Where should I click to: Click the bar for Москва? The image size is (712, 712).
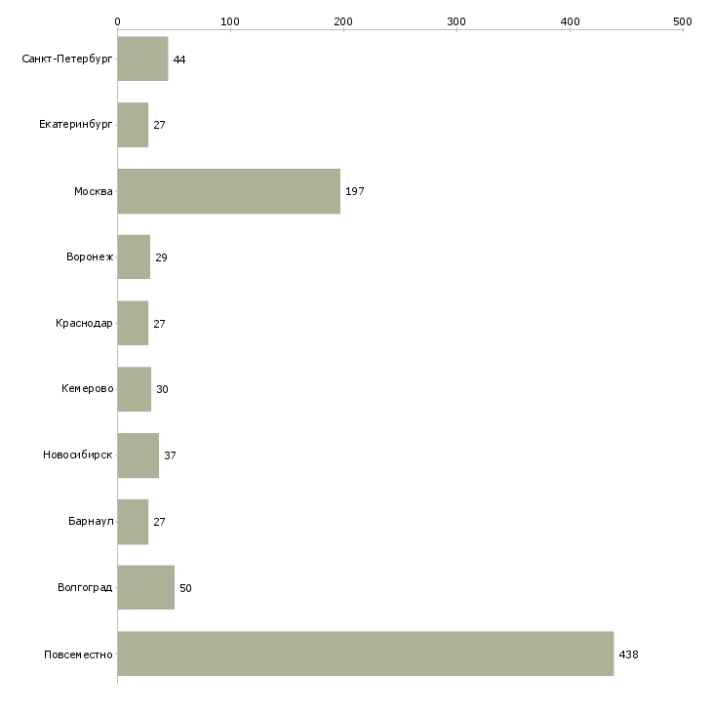click(x=229, y=191)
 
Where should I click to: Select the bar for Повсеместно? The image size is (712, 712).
click(x=366, y=653)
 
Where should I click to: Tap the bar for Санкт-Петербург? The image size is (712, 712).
click(x=142, y=59)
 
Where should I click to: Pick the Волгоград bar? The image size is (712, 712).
click(x=145, y=587)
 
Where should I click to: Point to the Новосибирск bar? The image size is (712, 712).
click(x=138, y=455)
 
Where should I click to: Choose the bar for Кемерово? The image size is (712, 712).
click(x=135, y=389)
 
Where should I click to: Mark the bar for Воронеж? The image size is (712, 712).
click(x=134, y=257)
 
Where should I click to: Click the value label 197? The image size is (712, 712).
click(x=355, y=191)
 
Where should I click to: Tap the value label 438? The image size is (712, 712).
click(x=628, y=654)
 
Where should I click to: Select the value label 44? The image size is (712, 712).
click(x=179, y=59)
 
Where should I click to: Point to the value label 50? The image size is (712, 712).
click(x=185, y=588)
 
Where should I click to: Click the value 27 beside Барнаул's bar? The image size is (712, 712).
click(x=159, y=522)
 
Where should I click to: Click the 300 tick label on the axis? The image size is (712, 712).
click(x=456, y=21)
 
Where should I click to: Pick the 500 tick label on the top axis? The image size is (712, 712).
click(x=683, y=21)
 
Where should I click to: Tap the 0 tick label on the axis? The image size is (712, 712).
click(x=118, y=21)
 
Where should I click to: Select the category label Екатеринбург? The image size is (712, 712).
click(x=75, y=125)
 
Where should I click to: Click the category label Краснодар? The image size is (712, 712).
click(x=84, y=323)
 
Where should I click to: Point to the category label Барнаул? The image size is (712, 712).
click(x=91, y=521)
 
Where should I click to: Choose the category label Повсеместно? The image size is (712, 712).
click(x=78, y=654)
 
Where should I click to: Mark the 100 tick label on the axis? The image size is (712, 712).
click(x=230, y=21)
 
